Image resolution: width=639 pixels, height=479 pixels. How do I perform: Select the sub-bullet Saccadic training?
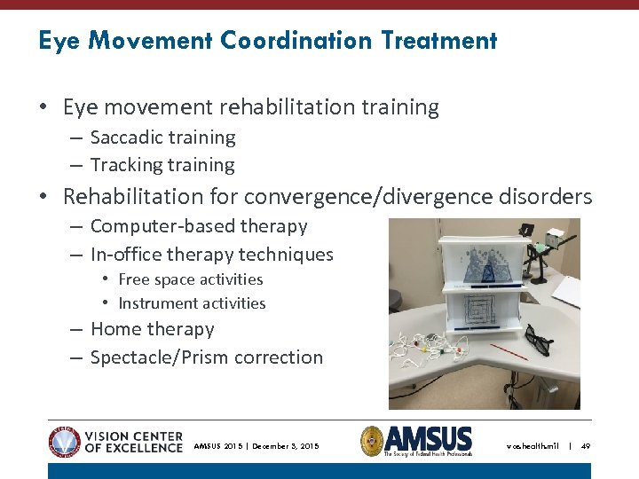pyautogui.click(x=162, y=137)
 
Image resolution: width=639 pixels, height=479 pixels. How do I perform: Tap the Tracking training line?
pyautogui.click(x=162, y=165)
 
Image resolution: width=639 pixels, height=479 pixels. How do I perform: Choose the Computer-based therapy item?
pyautogui.click(x=199, y=226)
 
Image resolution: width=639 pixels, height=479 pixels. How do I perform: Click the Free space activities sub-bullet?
pyautogui.click(x=190, y=279)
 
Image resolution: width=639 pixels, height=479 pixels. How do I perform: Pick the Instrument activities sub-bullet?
pyautogui.click(x=192, y=303)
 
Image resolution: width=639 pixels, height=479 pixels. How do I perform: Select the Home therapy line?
pyautogui.click(x=152, y=329)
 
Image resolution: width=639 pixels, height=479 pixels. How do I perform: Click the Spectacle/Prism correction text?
pyautogui.click(x=206, y=357)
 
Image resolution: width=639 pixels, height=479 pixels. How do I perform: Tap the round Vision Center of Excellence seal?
pyautogui.click(x=65, y=442)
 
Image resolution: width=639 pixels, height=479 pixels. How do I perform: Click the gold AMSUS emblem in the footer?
pyautogui.click(x=372, y=441)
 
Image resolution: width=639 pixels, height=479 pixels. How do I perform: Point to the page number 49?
pyautogui.click(x=585, y=446)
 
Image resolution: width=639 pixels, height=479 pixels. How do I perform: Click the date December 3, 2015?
pyautogui.click(x=286, y=446)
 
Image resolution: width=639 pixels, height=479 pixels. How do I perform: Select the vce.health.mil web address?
pyautogui.click(x=533, y=446)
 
